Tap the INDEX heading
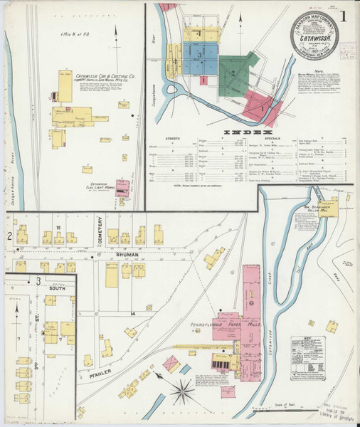coord(244,132)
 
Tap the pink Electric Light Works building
coord(122,187)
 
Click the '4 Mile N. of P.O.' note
coord(78,33)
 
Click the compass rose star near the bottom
coord(184,390)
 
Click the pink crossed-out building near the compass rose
coord(171,364)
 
